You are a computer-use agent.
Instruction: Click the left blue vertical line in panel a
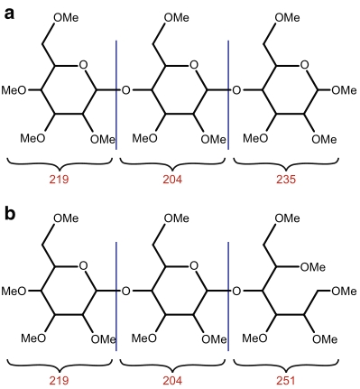[115, 90]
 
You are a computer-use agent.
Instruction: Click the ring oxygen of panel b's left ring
[82, 266]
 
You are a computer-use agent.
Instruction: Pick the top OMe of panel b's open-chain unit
[286, 218]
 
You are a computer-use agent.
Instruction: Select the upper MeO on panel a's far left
[13, 90]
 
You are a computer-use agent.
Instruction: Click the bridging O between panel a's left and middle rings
[125, 90]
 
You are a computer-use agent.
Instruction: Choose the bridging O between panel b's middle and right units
[237, 291]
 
